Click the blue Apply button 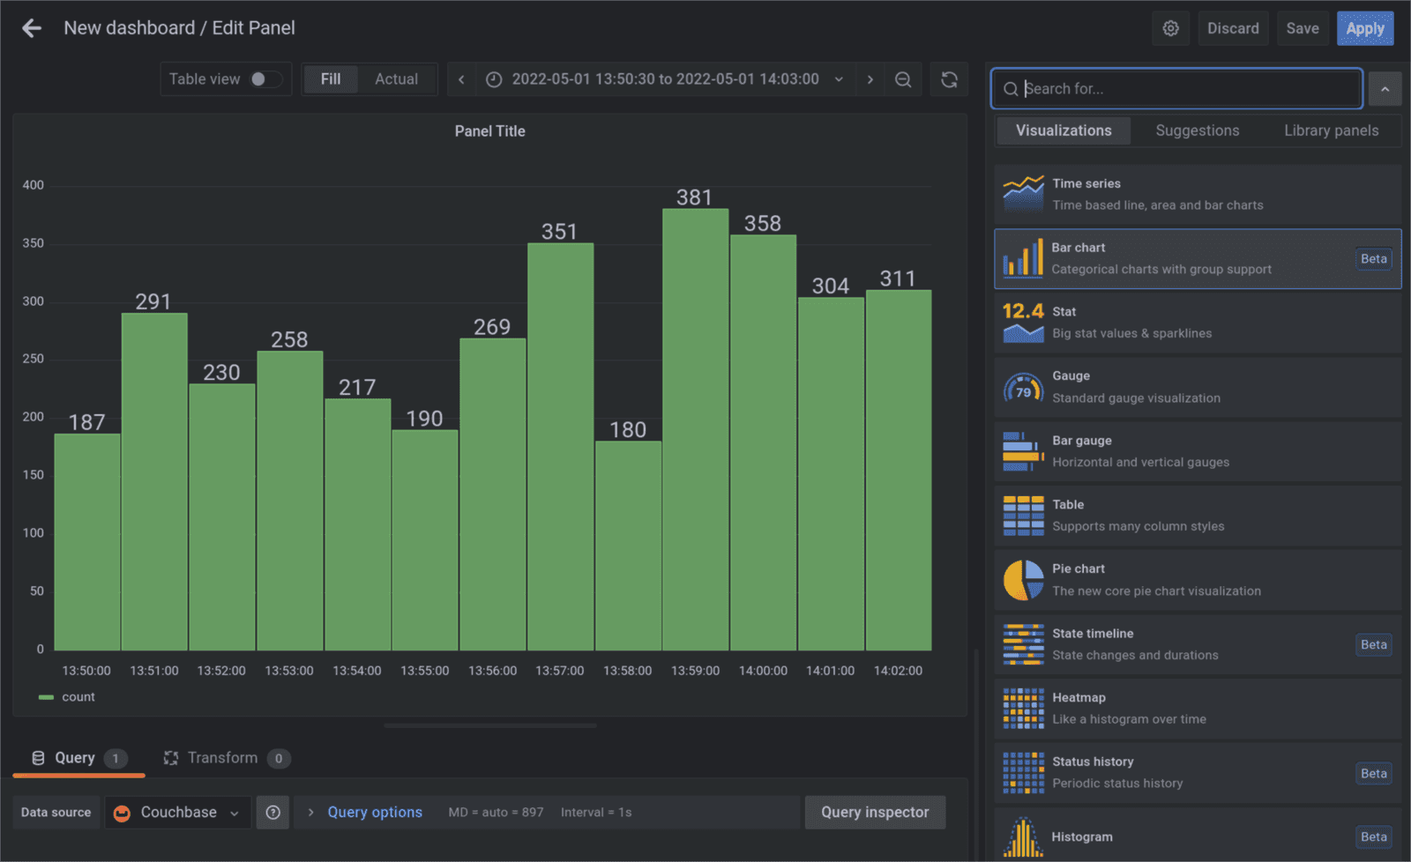1364,28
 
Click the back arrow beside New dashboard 32,28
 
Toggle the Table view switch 265,79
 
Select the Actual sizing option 396,79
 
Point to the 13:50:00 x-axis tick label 86,671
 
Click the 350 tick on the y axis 34,243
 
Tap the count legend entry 78,697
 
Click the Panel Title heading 489,131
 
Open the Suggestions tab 1197,130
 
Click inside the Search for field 1182,89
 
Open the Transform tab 222,758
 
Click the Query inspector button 874,813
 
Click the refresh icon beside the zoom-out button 949,79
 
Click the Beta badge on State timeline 1373,644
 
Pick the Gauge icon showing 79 1023,388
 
